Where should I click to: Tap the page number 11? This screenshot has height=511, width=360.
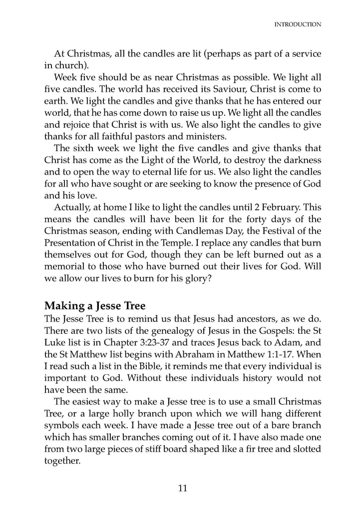(x=182, y=489)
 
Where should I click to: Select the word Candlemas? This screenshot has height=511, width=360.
(x=201, y=233)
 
